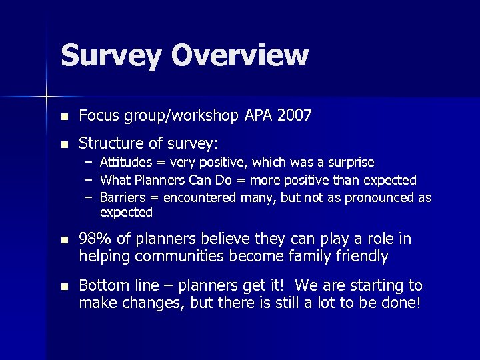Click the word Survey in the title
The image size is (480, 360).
[111, 56]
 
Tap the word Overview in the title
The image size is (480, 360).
[240, 56]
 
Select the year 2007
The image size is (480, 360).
[293, 116]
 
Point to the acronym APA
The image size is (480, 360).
[257, 116]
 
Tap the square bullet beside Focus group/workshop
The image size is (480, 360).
[64, 117]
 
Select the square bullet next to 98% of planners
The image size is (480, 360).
[64, 240]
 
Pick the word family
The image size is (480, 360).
[313, 255]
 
